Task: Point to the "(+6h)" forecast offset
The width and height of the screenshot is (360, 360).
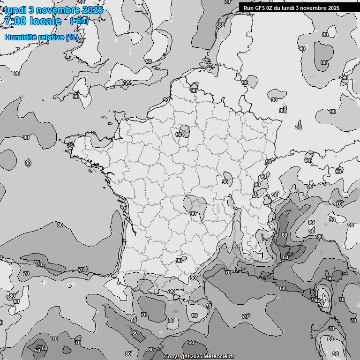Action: tap(78, 21)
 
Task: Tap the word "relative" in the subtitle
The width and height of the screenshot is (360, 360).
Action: tap(52, 37)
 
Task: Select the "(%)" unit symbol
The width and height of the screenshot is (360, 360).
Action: tap(72, 37)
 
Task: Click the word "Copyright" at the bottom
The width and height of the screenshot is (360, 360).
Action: tap(176, 356)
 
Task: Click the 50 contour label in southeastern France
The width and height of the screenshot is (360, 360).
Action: tap(285, 257)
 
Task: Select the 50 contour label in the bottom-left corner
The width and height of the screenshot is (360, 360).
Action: tap(37, 351)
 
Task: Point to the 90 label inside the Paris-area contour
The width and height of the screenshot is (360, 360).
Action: tap(179, 135)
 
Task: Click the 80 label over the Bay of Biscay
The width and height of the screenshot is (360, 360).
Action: tap(60, 225)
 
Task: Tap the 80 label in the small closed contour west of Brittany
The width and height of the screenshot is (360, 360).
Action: tap(28, 163)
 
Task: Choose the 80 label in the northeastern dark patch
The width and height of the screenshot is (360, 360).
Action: tap(324, 62)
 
